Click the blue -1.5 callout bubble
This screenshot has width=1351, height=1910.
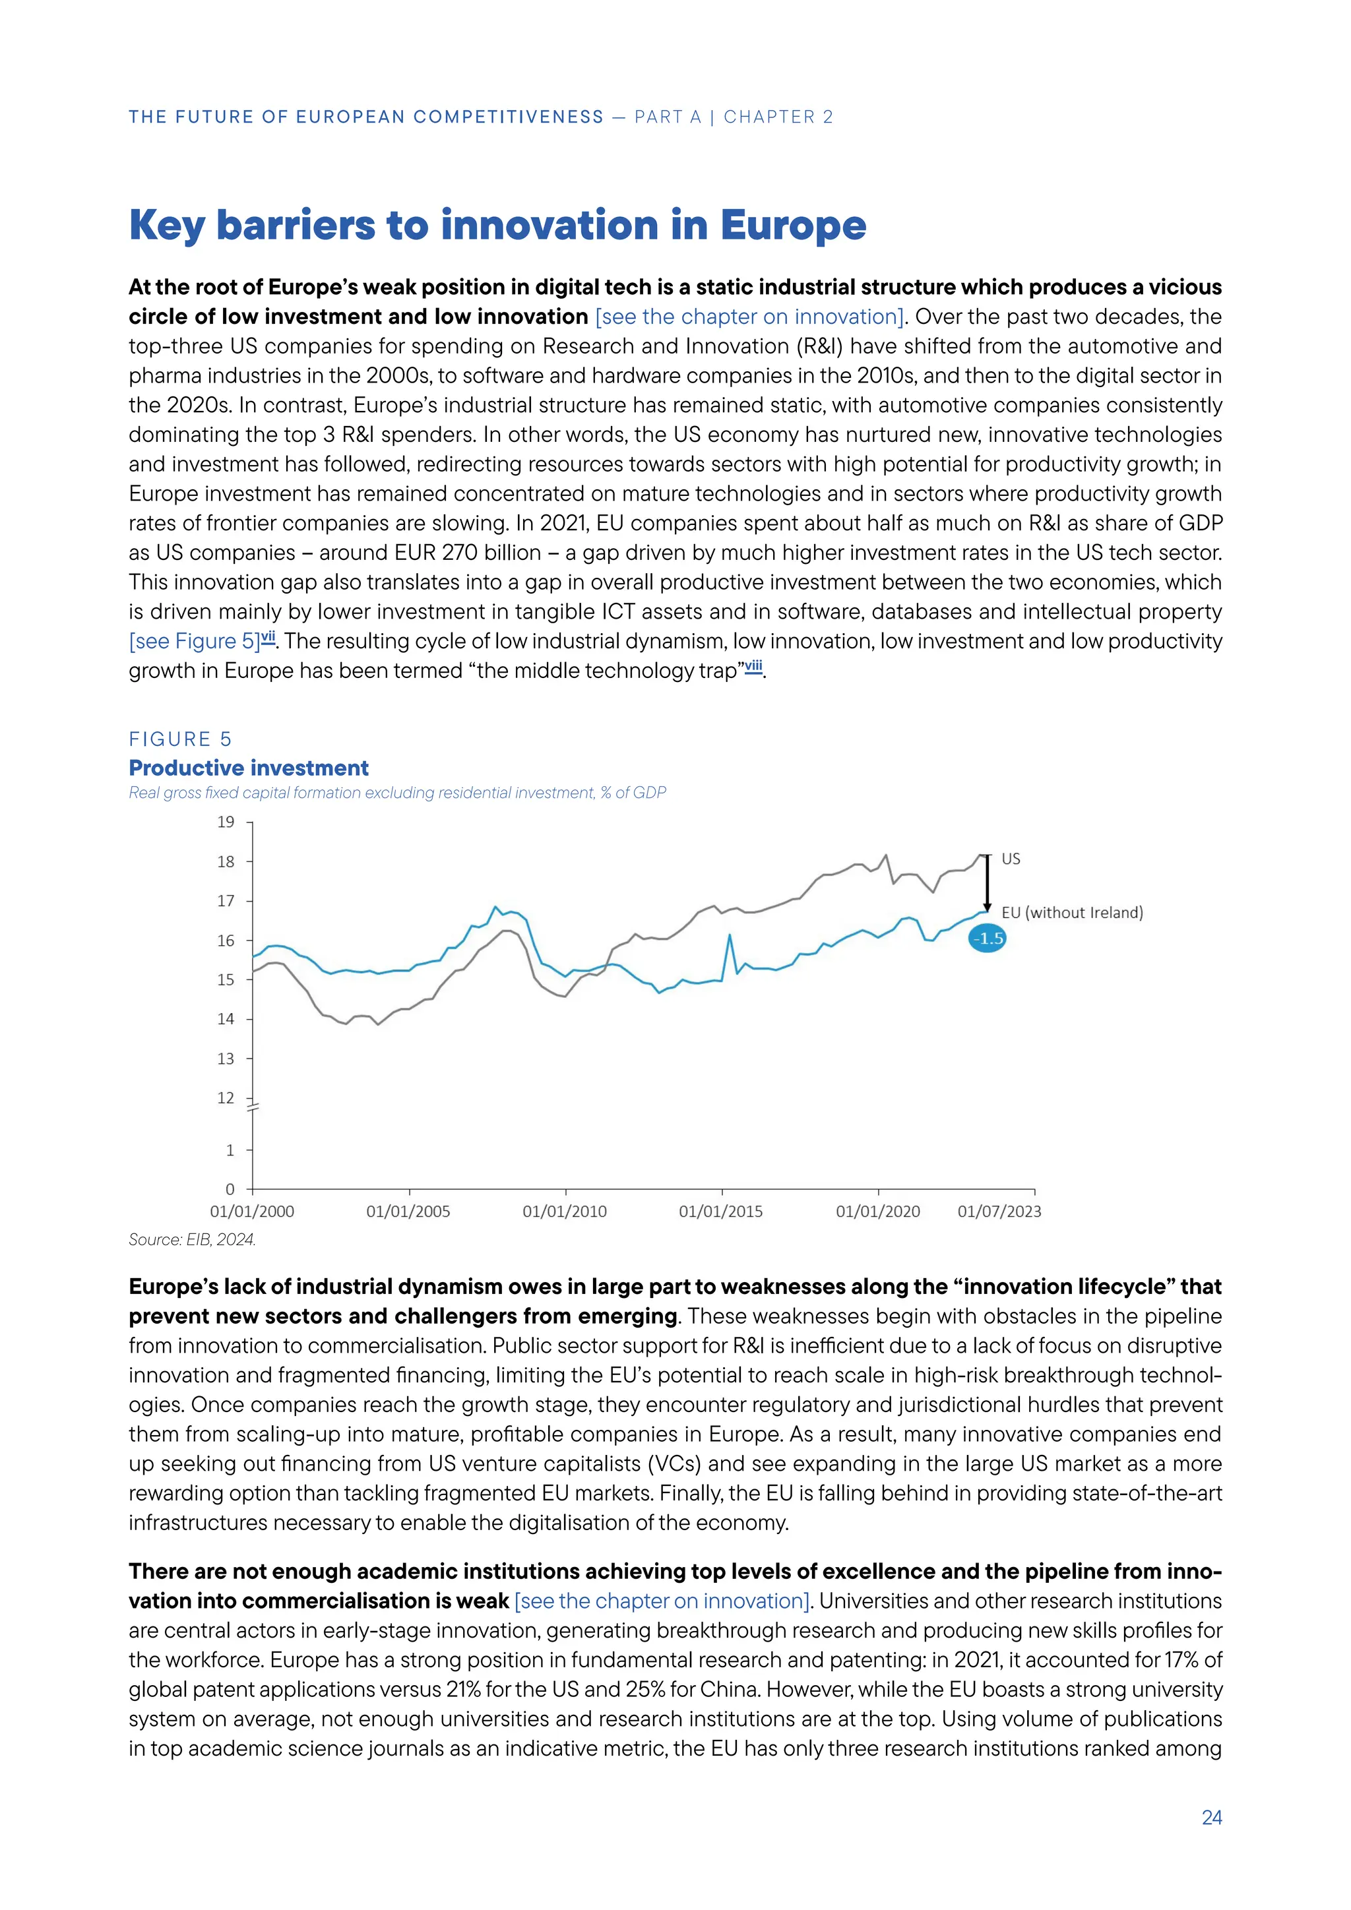point(988,939)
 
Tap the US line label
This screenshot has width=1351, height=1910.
point(1011,859)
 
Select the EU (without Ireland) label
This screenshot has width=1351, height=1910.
point(1071,913)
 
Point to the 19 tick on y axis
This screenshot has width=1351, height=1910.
point(226,822)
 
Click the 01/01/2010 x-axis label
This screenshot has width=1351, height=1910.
point(565,1211)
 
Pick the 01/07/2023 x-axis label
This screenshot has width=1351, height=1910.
point(999,1211)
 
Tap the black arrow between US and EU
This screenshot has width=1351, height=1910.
point(988,884)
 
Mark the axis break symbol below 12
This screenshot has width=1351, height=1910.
point(253,1107)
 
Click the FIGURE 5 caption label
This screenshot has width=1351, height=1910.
point(179,739)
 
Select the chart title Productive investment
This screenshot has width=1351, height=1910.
point(249,768)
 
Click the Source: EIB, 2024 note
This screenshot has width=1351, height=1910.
point(192,1239)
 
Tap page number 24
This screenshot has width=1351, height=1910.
point(1211,1818)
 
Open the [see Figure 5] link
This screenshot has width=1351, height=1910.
point(195,641)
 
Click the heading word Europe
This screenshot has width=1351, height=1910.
point(793,226)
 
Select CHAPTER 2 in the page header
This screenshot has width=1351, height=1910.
point(778,117)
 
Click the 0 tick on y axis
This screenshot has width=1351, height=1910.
point(230,1190)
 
